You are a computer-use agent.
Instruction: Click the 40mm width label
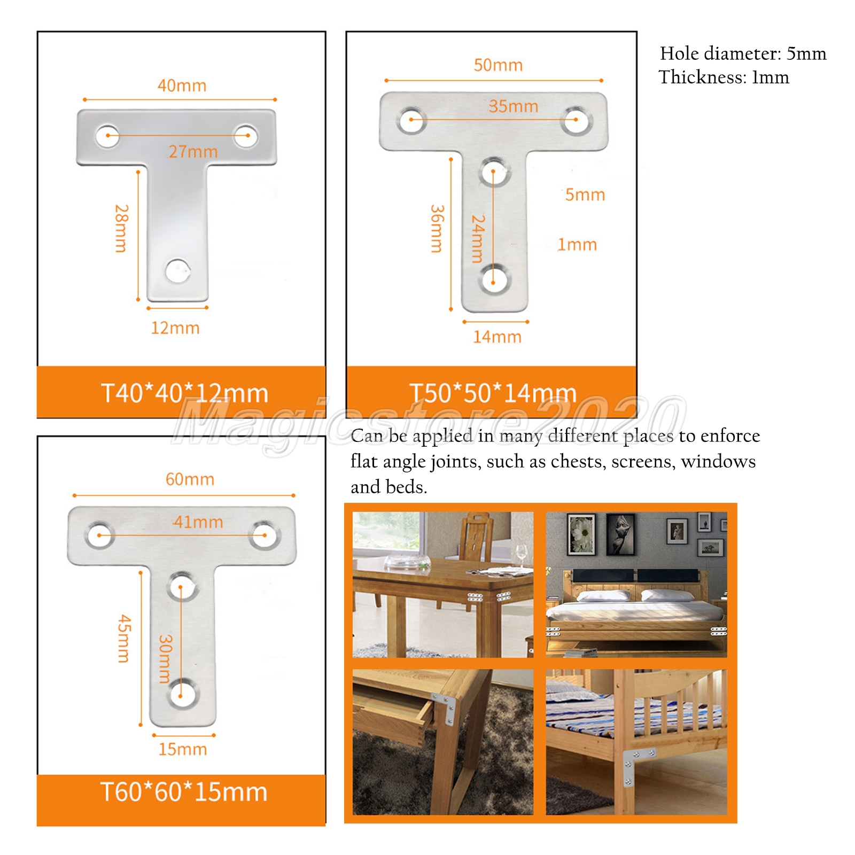[x=182, y=85]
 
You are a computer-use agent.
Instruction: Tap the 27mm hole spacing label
[x=193, y=152]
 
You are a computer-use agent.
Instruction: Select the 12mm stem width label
[x=175, y=328]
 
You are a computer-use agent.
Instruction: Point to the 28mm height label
[x=121, y=228]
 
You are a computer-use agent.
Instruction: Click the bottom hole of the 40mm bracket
[x=178, y=271]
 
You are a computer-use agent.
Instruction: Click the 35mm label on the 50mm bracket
[x=513, y=106]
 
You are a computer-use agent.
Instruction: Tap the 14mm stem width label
[x=497, y=337]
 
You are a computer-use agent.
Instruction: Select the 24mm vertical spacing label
[x=478, y=238]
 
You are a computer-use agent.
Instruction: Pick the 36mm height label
[x=437, y=229]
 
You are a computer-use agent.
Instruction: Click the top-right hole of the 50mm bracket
[x=576, y=120]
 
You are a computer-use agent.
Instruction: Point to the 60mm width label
[x=190, y=479]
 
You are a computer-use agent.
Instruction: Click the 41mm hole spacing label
[x=198, y=522]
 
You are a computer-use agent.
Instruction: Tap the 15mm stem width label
[x=182, y=749]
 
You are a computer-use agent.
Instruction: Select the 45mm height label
[x=124, y=639]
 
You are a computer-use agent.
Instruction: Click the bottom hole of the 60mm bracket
[x=182, y=695]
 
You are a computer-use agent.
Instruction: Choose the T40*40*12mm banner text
[x=184, y=393]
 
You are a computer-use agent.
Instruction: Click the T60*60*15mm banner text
[x=184, y=792]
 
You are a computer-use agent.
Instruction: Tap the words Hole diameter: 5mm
[x=743, y=53]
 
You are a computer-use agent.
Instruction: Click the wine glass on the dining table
[x=520, y=556]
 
